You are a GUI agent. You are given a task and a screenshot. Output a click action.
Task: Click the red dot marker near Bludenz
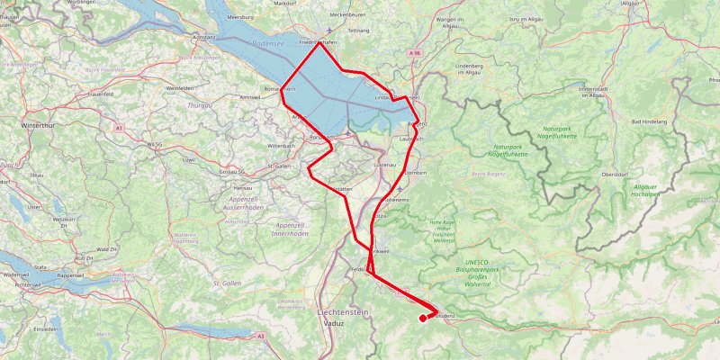coord(423,318)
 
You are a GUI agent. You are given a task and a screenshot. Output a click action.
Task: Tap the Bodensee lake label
coord(268,43)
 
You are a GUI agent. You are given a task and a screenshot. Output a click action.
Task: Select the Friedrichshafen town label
coord(318,41)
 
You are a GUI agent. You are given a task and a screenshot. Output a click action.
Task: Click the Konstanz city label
coord(204,37)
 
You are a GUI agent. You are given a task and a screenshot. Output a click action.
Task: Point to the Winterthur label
coord(38,125)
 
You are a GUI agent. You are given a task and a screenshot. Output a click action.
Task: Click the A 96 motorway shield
coord(415,54)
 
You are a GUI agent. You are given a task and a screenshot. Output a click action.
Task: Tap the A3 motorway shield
coord(260,336)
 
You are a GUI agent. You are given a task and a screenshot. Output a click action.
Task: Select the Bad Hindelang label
coord(650,121)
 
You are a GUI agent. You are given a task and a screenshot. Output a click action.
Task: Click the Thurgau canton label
coord(199,105)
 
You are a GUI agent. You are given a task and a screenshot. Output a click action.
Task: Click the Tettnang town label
coord(359,30)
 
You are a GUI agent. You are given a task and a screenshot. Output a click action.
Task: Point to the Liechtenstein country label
coord(344,310)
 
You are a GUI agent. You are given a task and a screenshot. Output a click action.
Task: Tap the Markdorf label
coord(285,3)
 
